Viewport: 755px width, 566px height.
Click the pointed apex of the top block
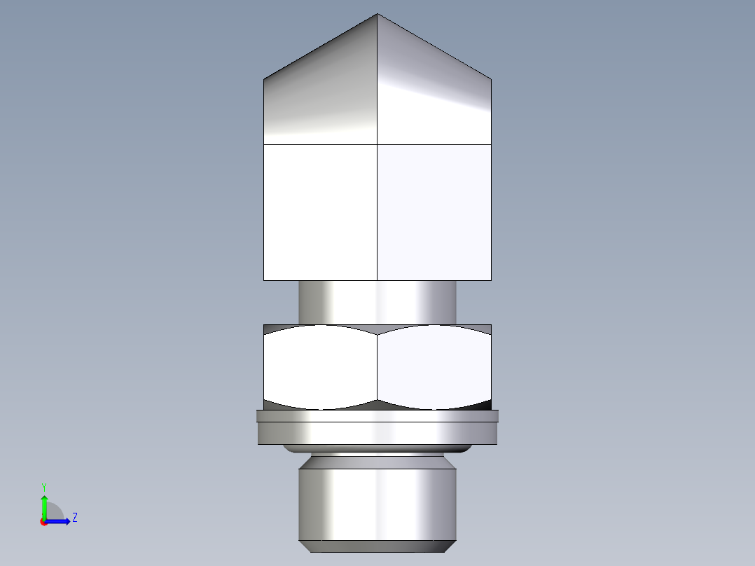pos(377,15)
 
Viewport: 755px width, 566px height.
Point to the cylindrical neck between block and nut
pos(377,302)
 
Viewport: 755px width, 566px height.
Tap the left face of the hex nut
pos(320,366)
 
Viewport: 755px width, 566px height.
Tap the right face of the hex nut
pos(434,366)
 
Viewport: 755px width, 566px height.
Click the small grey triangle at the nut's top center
pos(377,329)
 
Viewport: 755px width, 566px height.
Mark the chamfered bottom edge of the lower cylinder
pos(377,546)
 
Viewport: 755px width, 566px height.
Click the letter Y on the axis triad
pos(44,486)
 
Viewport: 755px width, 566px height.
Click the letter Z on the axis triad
pos(74,518)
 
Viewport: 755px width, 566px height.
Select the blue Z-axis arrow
pos(59,521)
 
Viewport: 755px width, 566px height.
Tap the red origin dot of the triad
pos(43,522)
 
